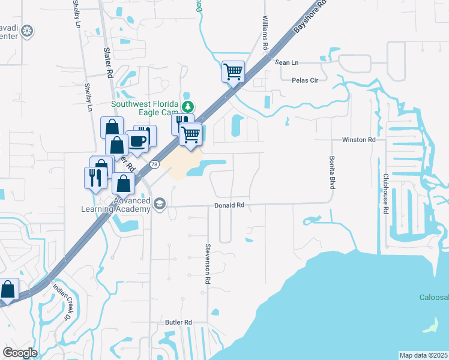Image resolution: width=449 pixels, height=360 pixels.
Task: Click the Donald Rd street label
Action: pos(230,205)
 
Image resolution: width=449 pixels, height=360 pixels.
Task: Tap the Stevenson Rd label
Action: pos(208,264)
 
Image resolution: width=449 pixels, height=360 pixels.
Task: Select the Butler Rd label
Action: pos(178,322)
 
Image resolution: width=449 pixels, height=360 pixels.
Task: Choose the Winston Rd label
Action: pos(358,140)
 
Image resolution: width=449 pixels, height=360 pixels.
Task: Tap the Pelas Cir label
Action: pos(309,80)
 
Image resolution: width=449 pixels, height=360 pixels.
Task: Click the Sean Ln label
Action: pos(286,62)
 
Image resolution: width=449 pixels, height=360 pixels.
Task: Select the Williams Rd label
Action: pos(265,34)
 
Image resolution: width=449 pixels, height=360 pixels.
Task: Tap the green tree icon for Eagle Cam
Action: pos(188,107)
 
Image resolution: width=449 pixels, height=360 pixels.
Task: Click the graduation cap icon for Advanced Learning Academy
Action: pos(160,203)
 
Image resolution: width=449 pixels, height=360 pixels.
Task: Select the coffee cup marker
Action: pos(138,141)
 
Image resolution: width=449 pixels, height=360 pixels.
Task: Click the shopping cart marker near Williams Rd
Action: pos(232,72)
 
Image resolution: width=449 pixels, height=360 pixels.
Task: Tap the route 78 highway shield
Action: pos(155,164)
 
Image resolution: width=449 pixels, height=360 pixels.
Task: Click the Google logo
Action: pos(20,353)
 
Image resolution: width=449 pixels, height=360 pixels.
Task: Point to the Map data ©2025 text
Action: pos(423,355)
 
